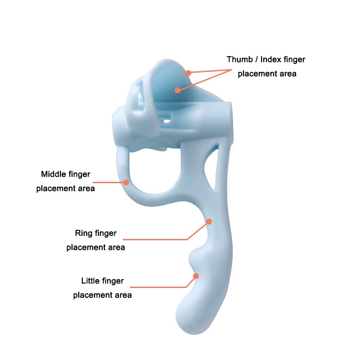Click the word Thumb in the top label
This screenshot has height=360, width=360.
240,59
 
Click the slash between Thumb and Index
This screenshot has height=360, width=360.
256,59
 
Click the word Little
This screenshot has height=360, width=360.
90,281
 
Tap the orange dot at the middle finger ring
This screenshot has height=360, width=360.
126,182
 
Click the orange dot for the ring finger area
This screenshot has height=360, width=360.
209,221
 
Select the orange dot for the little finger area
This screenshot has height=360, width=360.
196,276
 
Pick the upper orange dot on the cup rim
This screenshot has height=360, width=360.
188,73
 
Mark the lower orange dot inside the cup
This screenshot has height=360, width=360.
177,90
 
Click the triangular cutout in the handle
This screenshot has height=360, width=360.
211,169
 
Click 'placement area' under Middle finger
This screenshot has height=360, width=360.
65,189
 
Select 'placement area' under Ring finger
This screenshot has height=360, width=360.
95,247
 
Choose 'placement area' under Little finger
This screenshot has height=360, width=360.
103,295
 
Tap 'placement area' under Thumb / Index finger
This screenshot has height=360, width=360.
267,74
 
